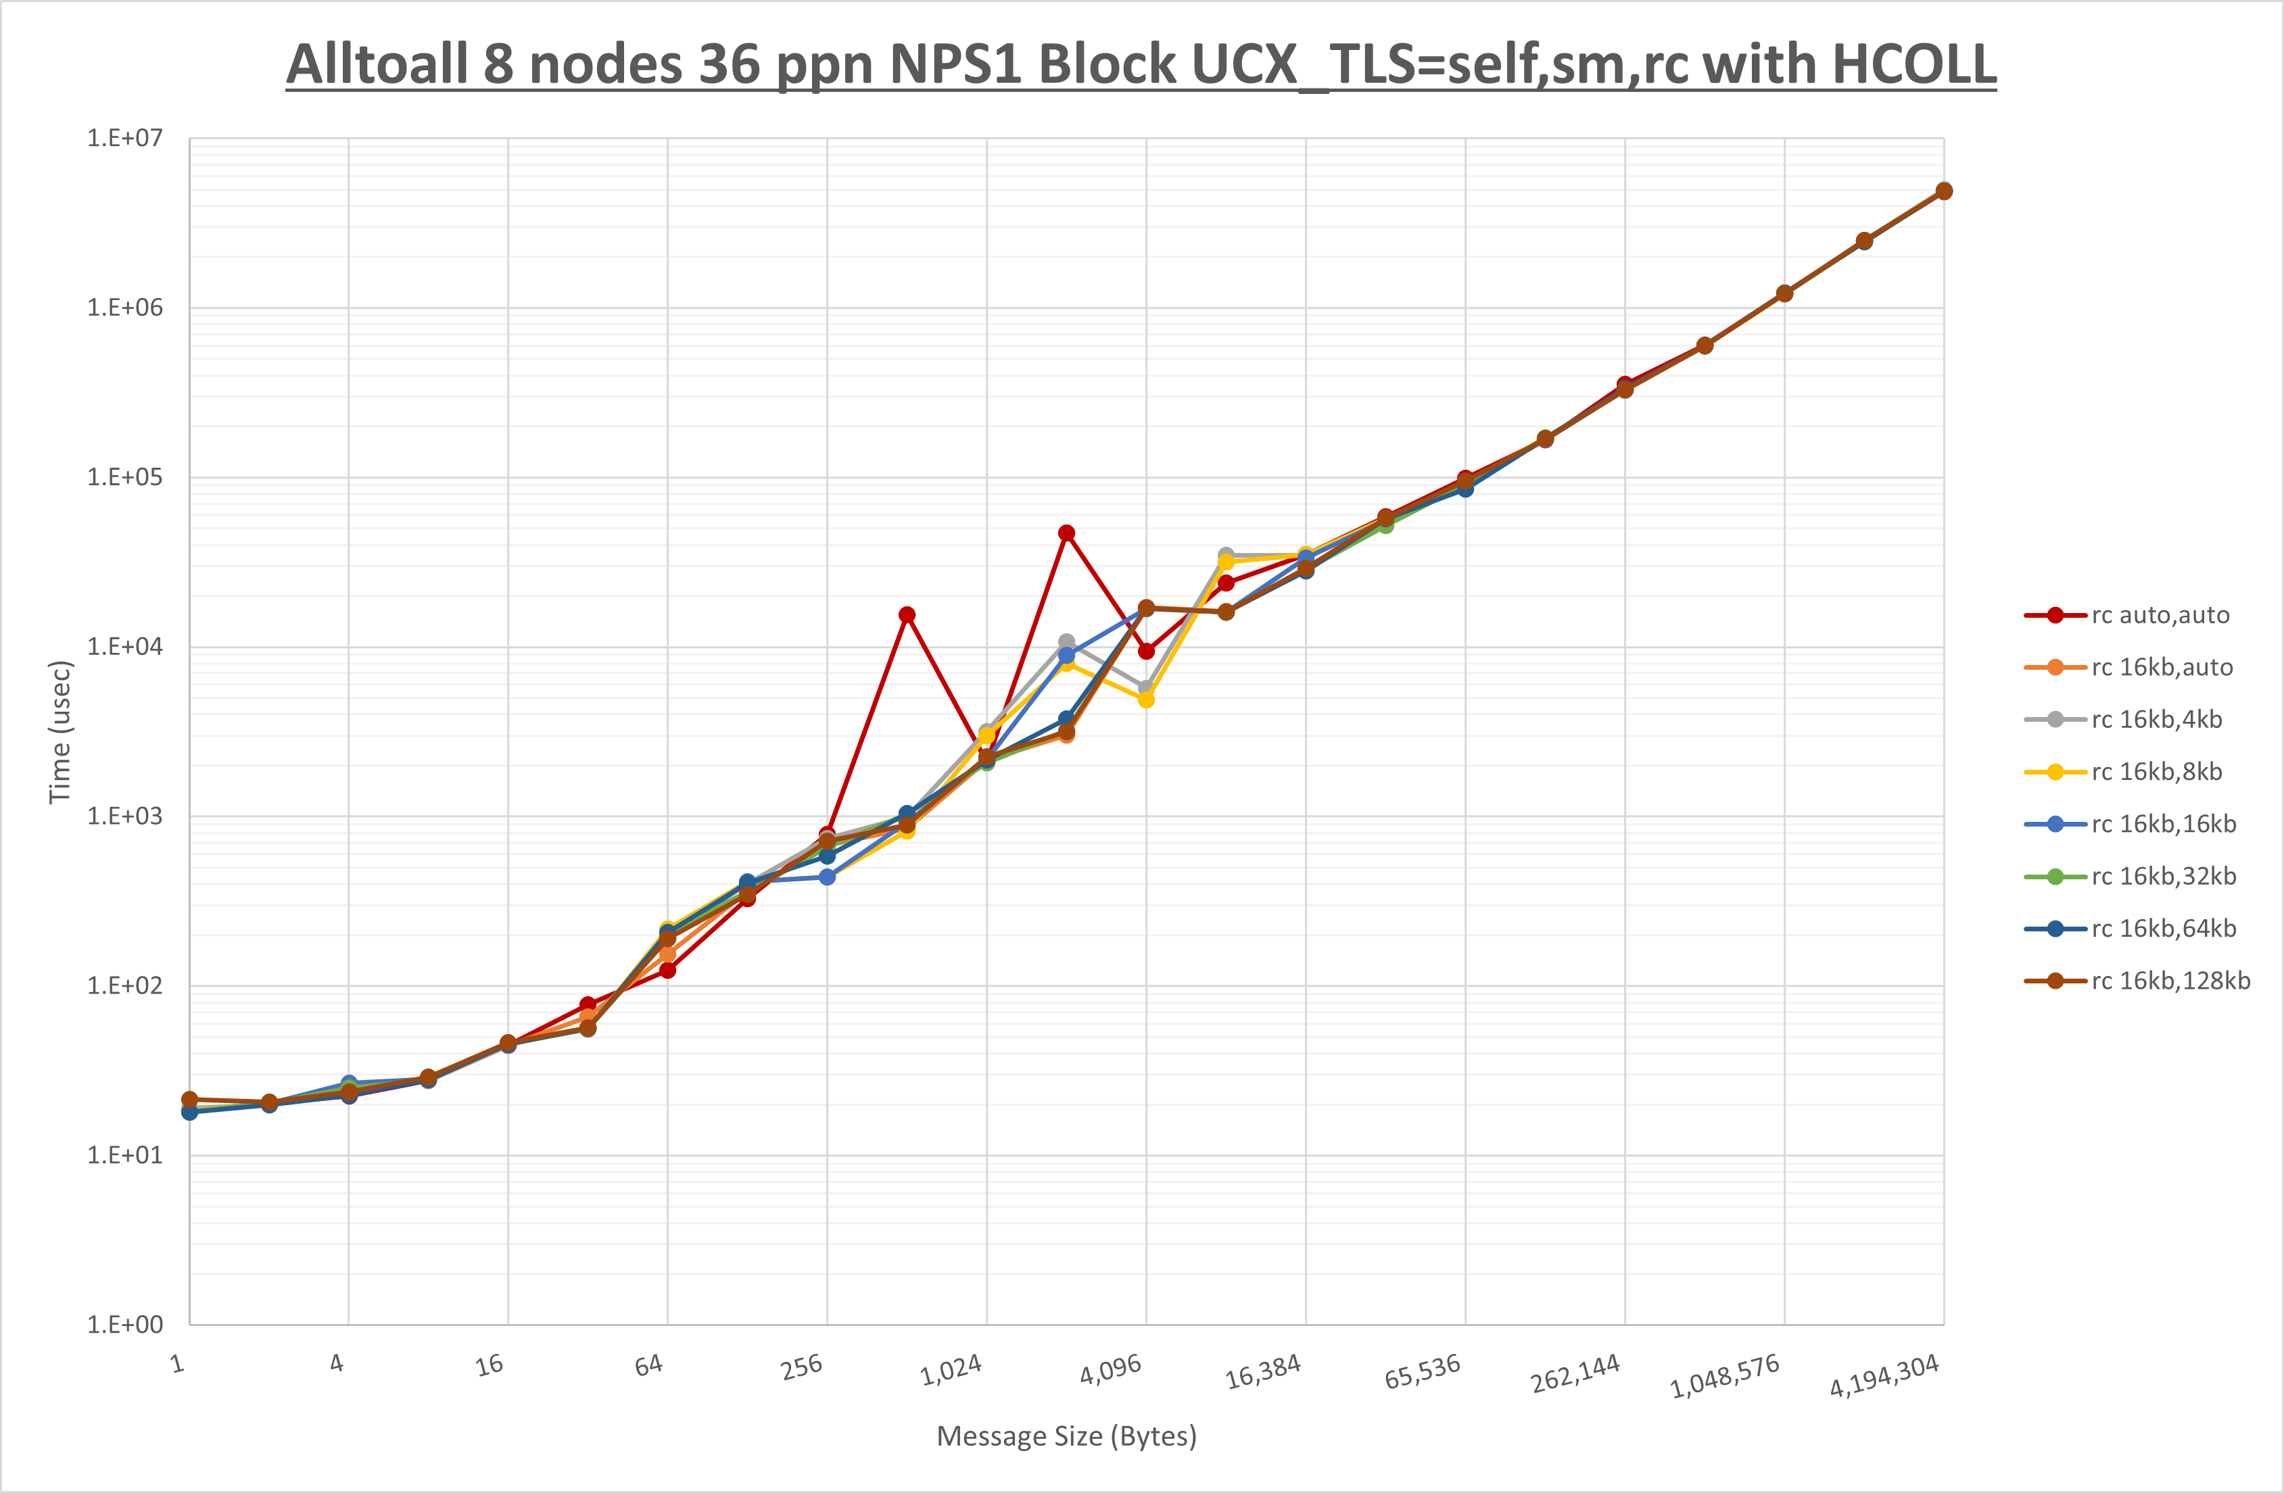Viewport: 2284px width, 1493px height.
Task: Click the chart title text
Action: (x=1141, y=66)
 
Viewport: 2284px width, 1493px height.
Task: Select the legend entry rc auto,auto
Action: (x=2159, y=615)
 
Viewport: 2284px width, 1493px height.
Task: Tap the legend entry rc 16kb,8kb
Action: (x=2156, y=771)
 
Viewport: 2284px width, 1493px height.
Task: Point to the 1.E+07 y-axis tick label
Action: (x=125, y=138)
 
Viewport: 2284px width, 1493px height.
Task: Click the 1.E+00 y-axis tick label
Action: (x=125, y=1325)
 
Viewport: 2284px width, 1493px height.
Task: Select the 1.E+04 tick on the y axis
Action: (x=125, y=647)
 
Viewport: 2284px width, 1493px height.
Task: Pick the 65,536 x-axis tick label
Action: (x=1422, y=1372)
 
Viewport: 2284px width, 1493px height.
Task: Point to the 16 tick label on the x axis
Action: (x=490, y=1365)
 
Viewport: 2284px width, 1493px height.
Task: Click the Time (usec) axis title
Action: (x=60, y=731)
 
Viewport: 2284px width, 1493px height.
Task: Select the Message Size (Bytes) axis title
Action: (x=1066, y=1436)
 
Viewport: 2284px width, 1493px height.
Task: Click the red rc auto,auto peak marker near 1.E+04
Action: (x=907, y=615)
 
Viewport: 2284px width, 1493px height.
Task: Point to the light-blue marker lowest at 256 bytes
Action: (x=827, y=877)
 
